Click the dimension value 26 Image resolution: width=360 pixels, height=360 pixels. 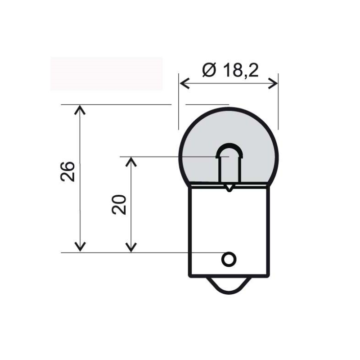[x=67, y=172]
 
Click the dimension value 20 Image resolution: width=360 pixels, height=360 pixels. [x=119, y=205]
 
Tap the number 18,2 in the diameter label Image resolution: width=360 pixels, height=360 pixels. [x=241, y=70]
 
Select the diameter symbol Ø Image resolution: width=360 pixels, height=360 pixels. [x=209, y=70]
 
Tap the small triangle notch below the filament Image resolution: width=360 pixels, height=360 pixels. [x=229, y=188]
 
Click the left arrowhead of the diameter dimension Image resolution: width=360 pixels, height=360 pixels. [x=184, y=83]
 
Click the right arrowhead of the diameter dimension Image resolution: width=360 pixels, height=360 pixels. [x=273, y=83]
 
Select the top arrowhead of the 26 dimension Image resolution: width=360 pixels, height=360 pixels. [x=80, y=109]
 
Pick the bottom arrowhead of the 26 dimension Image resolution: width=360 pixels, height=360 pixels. [x=80, y=247]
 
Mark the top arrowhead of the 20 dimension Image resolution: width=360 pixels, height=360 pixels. [x=131, y=162]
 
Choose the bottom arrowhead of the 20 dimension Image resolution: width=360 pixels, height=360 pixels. [x=131, y=247]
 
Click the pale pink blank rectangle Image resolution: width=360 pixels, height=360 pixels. [x=107, y=73]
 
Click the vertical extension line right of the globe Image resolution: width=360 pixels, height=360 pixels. [x=278, y=102]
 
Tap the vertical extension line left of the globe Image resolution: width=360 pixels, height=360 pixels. [x=179, y=102]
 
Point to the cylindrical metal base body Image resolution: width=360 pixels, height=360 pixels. [x=229, y=231]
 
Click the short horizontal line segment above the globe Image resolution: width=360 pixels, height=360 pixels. [x=207, y=105]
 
